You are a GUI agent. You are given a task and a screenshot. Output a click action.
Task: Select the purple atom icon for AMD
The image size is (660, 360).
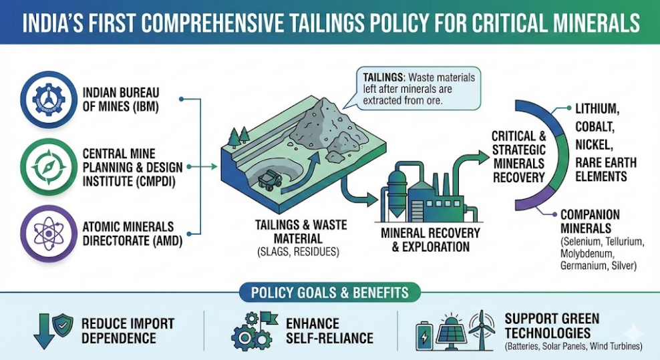(x=46, y=234)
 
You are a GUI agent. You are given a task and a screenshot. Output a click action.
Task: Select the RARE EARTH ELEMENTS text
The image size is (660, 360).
(x=601, y=169)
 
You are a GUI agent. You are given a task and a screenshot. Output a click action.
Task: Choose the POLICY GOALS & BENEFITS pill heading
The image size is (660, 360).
(x=329, y=293)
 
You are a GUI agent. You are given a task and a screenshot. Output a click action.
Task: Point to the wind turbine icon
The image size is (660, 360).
(x=481, y=329)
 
